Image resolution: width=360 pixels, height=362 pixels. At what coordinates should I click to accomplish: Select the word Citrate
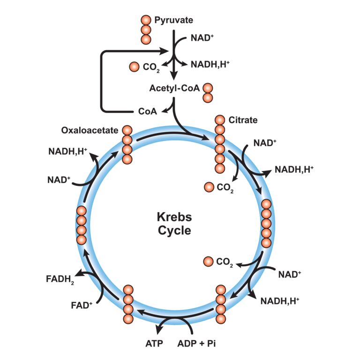[x=243, y=120]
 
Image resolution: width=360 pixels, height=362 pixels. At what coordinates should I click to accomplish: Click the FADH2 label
[x=60, y=280]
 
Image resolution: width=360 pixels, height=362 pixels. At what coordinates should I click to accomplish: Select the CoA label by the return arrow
[x=148, y=111]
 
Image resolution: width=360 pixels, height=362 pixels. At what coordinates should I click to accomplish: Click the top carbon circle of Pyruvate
[x=146, y=20]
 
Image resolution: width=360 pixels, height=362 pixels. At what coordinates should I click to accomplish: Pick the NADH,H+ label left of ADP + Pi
[x=279, y=301]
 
